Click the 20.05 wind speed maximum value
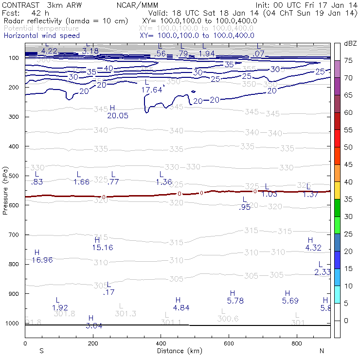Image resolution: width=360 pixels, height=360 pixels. point(118,115)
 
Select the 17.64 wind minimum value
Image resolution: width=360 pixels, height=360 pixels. point(151,90)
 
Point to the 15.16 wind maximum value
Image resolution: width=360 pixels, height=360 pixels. point(102,248)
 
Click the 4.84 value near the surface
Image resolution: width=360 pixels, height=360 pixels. point(181,307)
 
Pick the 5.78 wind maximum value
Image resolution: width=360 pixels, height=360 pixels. point(235,301)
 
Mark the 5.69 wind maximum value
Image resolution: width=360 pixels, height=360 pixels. point(290,301)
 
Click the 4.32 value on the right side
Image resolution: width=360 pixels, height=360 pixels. point(313,248)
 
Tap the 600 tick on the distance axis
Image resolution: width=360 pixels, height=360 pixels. point(297,343)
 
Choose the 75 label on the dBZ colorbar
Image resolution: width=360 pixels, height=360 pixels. point(348,60)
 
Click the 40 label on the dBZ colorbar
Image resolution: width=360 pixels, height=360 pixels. point(348,182)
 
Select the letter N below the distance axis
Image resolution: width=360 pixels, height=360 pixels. point(322,351)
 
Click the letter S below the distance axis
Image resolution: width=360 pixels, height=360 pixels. point(41,351)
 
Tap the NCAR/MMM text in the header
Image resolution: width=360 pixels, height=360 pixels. point(137,5)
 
